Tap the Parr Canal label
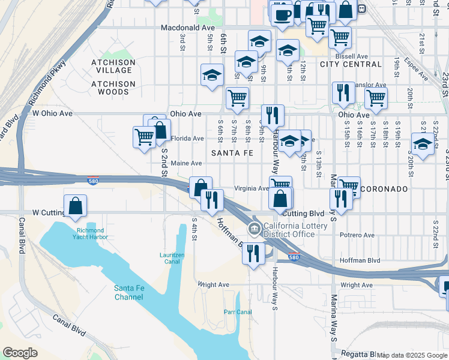(x=237, y=312)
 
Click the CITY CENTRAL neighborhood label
(x=344, y=64)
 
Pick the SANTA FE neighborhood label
(x=232, y=154)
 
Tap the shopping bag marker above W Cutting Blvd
(x=76, y=205)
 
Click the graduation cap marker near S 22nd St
(x=423, y=145)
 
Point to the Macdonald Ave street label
(x=187, y=28)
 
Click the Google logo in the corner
(x=20, y=352)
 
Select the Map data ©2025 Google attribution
(x=412, y=355)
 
